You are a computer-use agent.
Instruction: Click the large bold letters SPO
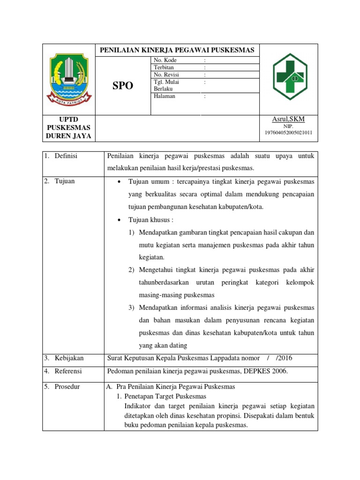pyautogui.click(x=123, y=86)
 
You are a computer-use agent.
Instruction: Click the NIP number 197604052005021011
pyautogui.click(x=288, y=133)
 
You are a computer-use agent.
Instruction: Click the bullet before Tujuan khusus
pyautogui.click(x=120, y=220)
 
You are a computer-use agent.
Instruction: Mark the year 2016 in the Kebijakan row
pyautogui.click(x=284, y=358)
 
